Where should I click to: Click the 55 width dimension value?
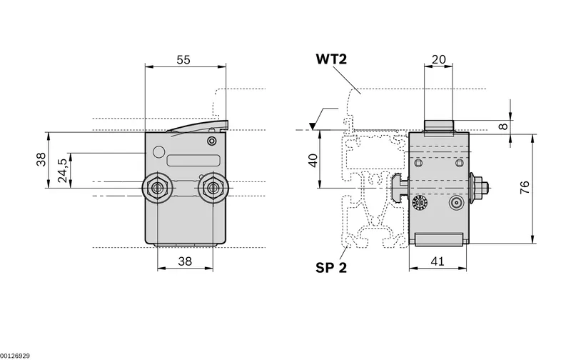183,60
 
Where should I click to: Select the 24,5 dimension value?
62,171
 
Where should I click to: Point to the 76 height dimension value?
525,187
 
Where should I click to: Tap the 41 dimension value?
438,261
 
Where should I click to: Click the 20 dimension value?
438,59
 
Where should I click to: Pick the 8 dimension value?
503,126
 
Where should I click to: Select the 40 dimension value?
313,160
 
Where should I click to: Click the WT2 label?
331,59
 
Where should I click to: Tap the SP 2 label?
331,268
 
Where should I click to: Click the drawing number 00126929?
15,356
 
